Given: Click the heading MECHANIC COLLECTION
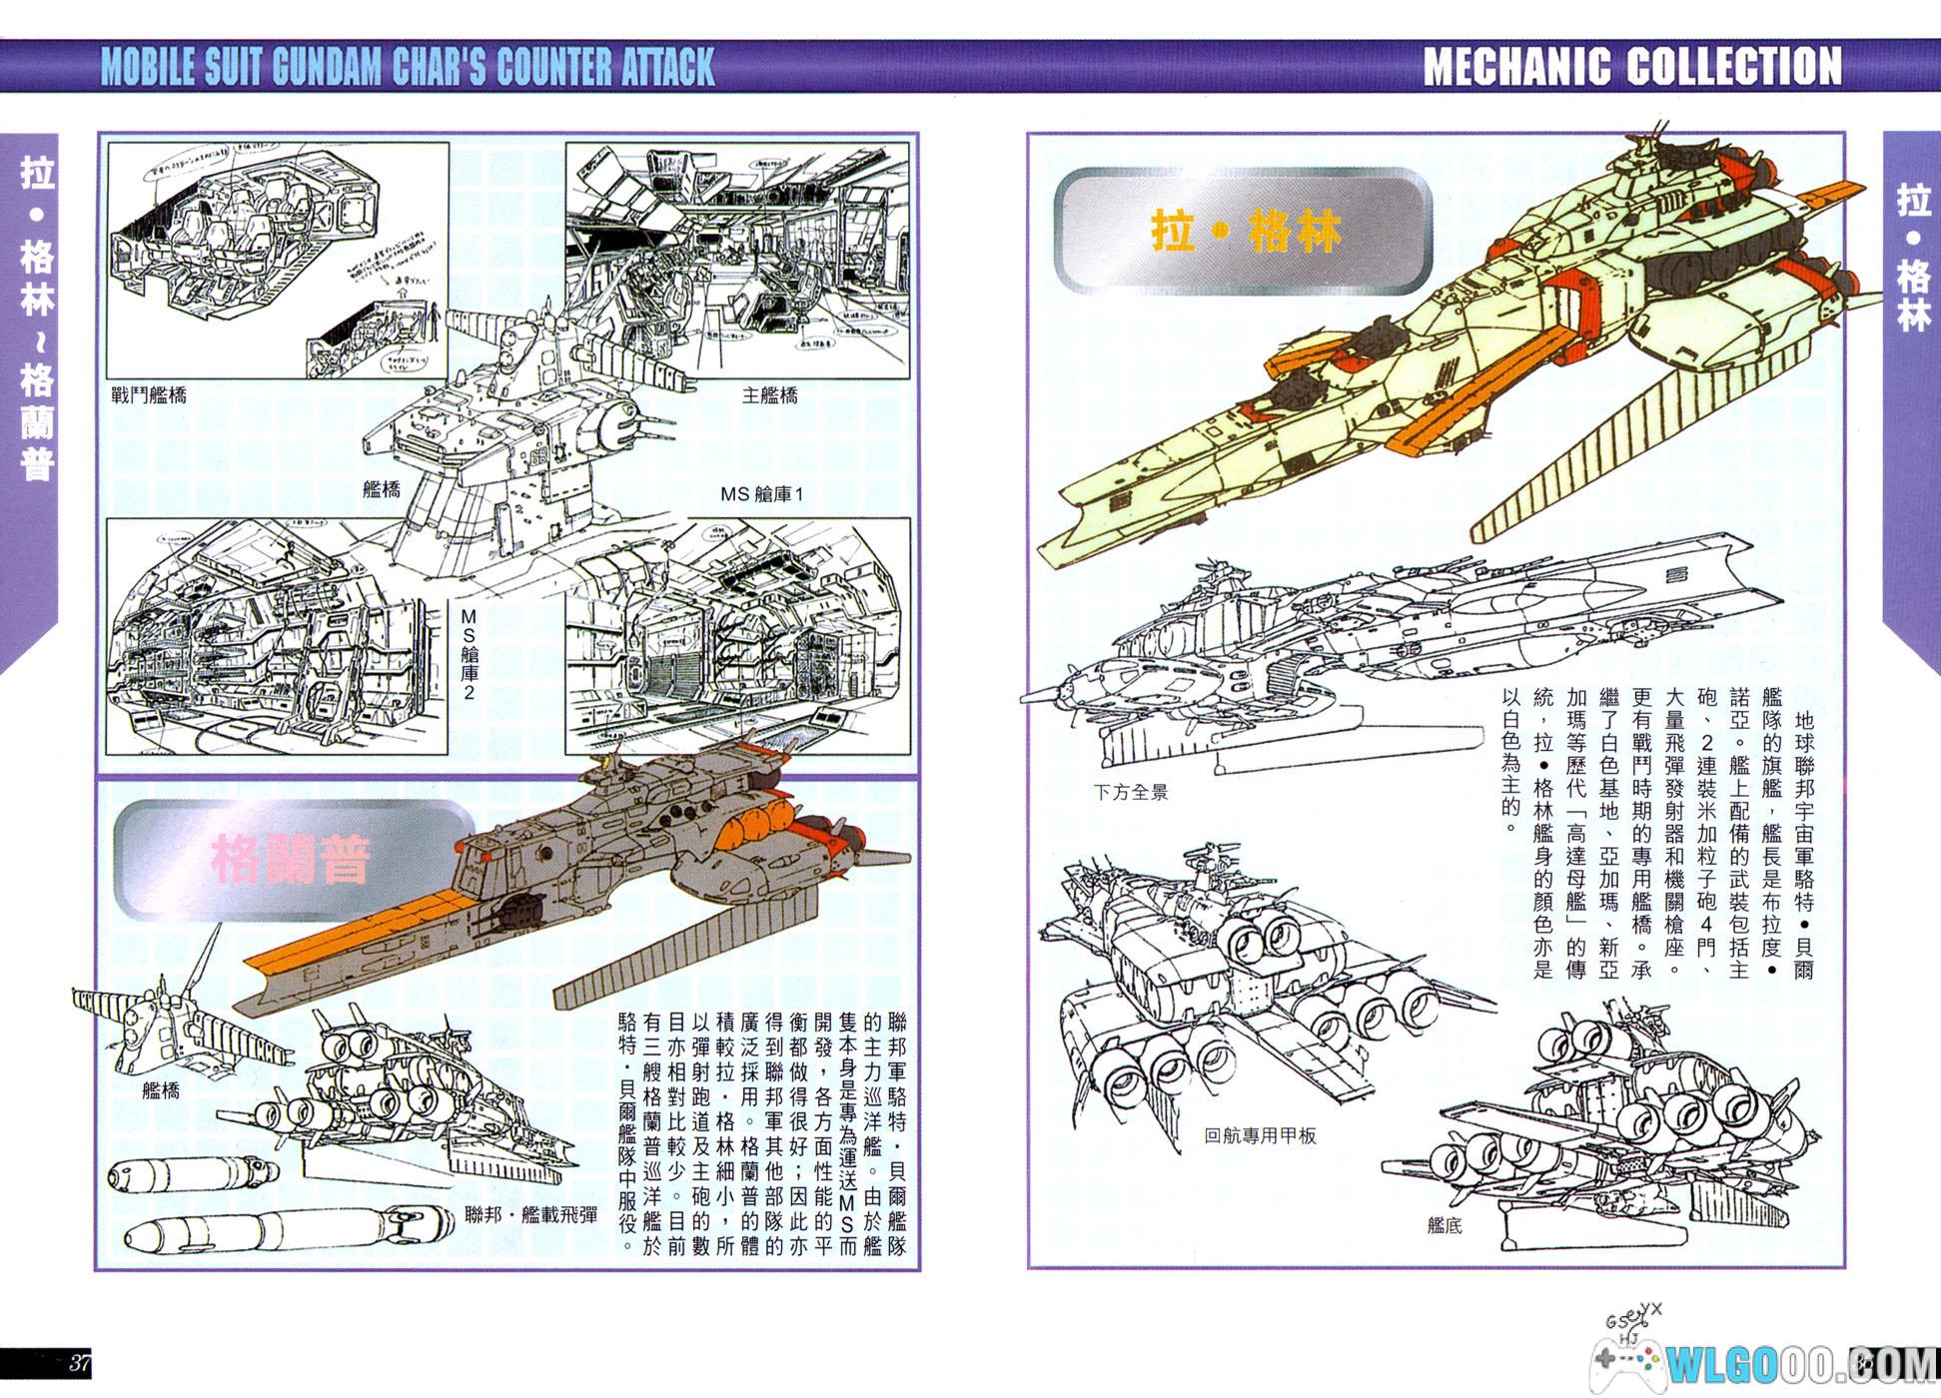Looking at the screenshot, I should pyautogui.click(x=1631, y=67).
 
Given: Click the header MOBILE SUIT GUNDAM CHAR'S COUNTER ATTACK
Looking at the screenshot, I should pyautogui.click(x=408, y=67).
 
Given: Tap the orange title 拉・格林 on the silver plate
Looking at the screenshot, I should pyautogui.click(x=1246, y=232).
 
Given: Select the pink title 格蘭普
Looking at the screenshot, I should pyautogui.click(x=290, y=860).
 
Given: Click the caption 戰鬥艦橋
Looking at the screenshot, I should pyautogui.click(x=149, y=395).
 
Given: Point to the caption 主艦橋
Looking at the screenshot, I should pyautogui.click(x=769, y=395).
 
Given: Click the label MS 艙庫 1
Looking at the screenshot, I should pyautogui.click(x=761, y=493).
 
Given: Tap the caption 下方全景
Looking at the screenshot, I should pyautogui.click(x=1130, y=792).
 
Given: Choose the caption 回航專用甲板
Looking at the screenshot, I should pyautogui.click(x=1260, y=1135).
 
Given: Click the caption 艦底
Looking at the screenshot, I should pyautogui.click(x=1445, y=1225).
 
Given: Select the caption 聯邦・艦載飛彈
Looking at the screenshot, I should pyautogui.click(x=531, y=1214).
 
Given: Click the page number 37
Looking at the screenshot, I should pyautogui.click(x=79, y=1363).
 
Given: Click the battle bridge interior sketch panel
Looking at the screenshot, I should pyautogui.click(x=278, y=260).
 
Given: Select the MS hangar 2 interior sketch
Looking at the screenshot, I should pyautogui.click(x=277, y=636).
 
